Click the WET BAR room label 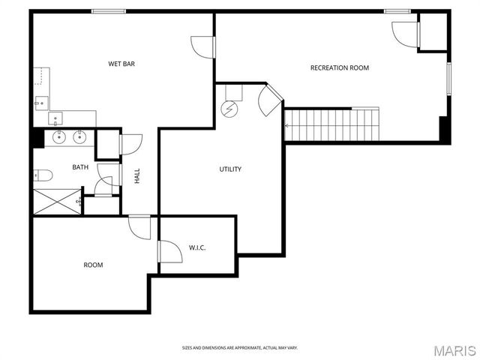[121, 64]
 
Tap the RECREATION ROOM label [340, 68]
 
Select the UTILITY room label [230, 169]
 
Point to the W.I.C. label [197, 247]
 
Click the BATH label [80, 167]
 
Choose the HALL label [137, 176]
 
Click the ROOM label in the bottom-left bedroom [93, 265]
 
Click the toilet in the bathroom [43, 176]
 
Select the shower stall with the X [57, 202]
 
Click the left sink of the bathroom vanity [58, 137]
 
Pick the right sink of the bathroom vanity [78, 137]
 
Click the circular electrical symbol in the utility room [228, 109]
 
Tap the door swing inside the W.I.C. [170, 250]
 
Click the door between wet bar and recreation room [204, 46]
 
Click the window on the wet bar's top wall [108, 11]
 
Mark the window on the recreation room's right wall [449, 79]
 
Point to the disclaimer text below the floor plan [239, 348]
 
